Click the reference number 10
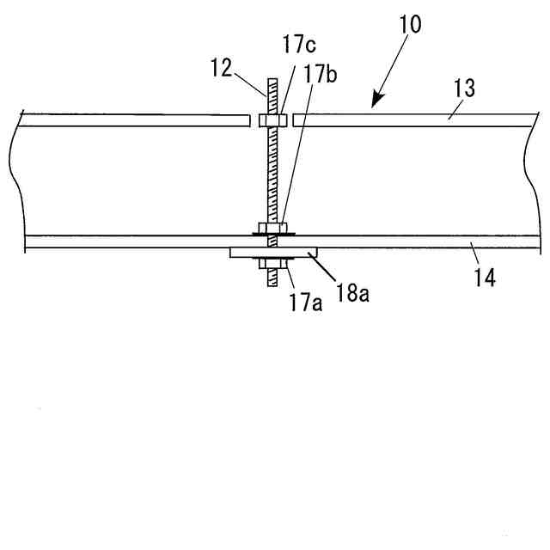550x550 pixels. [410, 23]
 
